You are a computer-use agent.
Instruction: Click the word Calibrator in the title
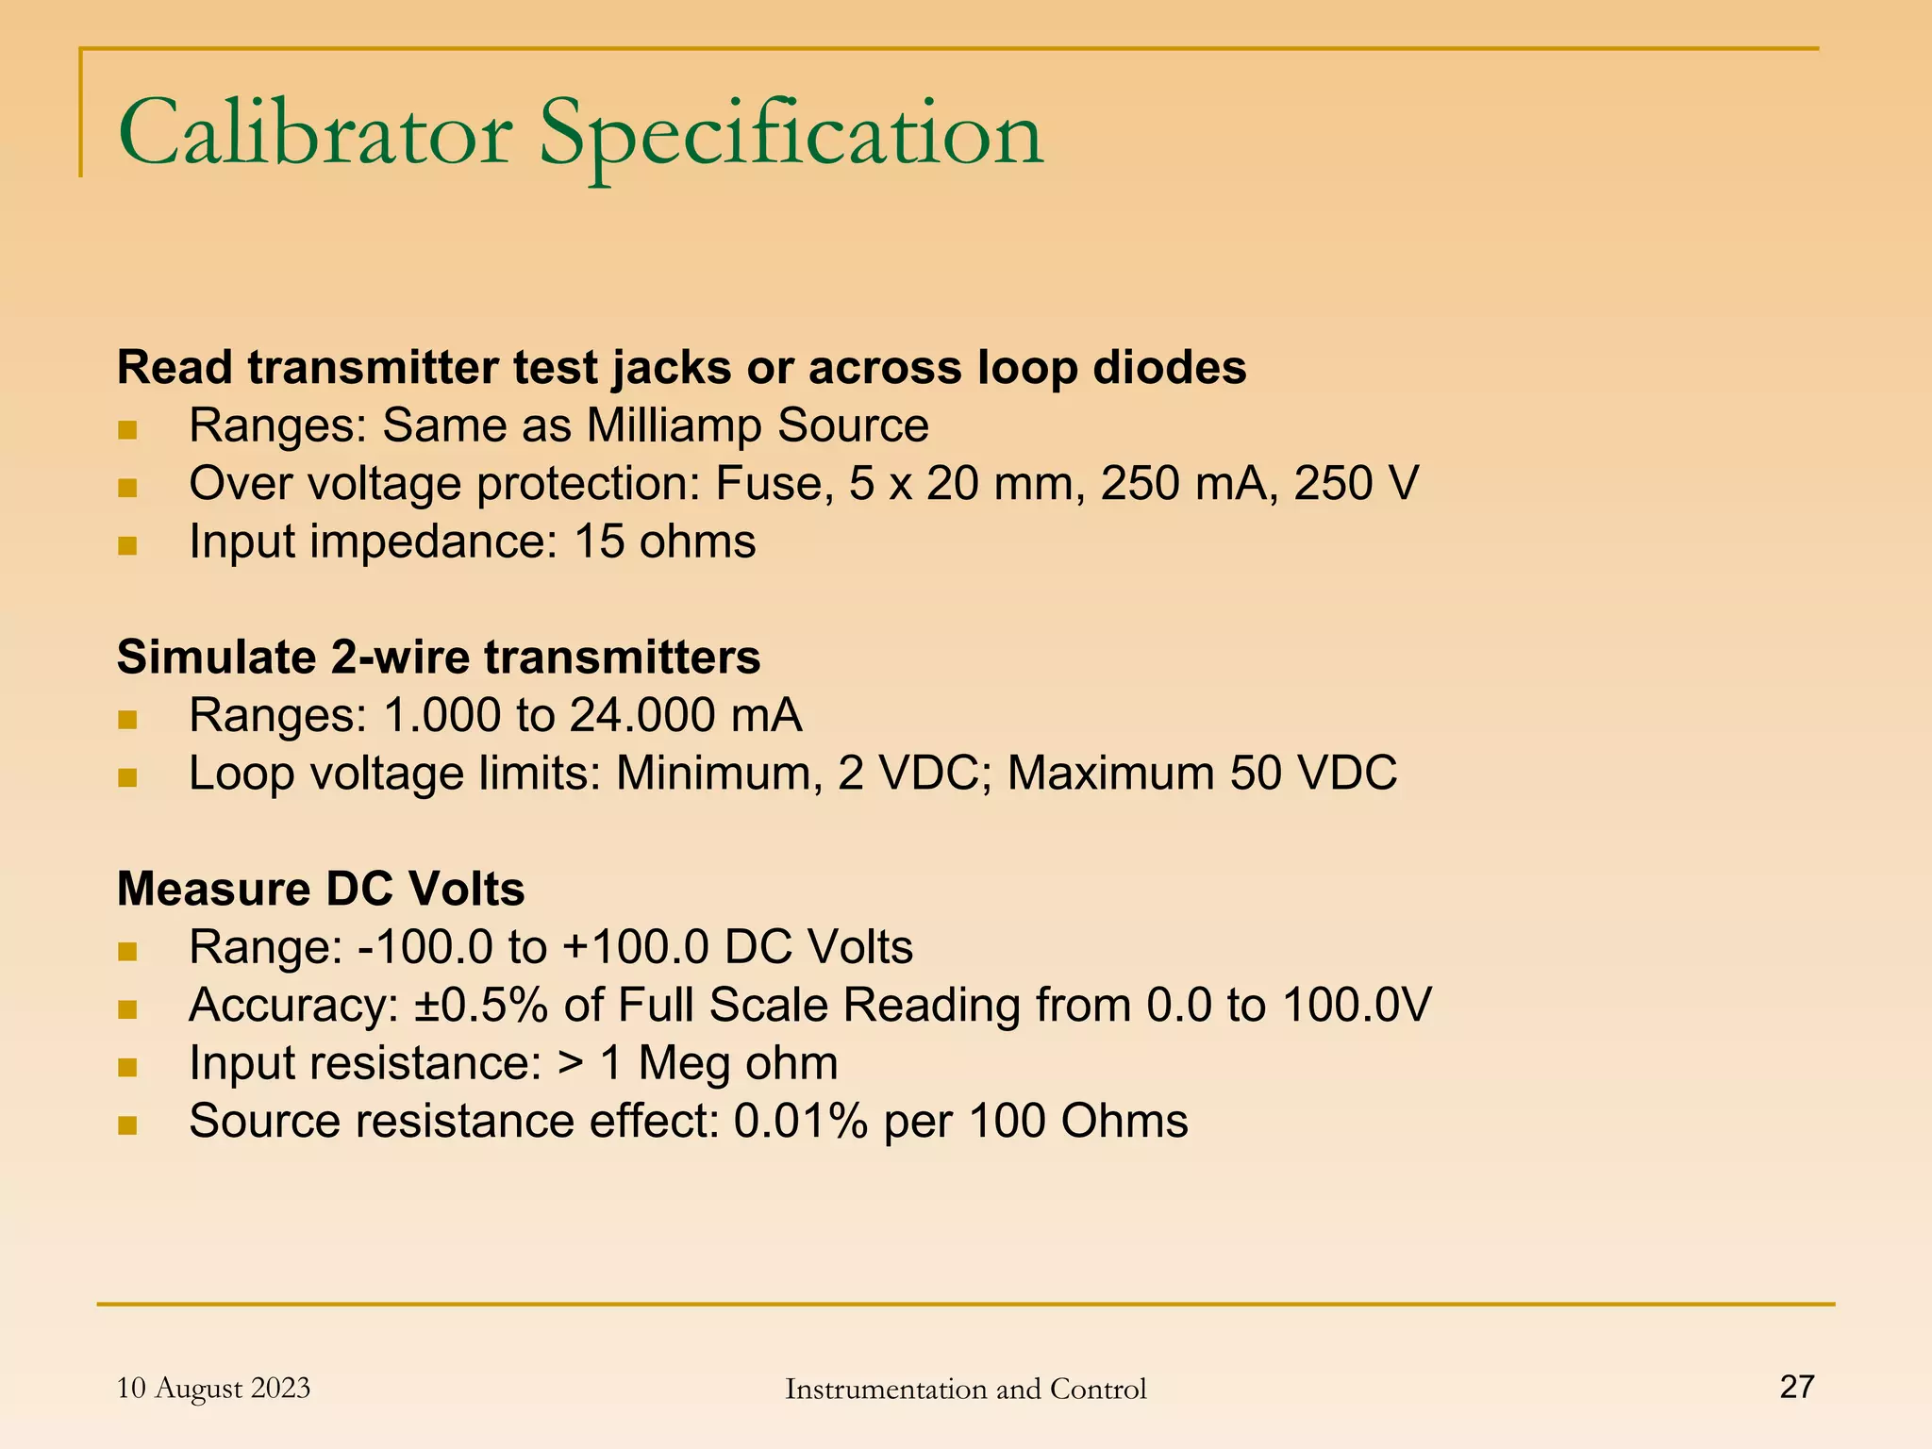315,135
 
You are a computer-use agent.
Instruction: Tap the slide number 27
1796,1386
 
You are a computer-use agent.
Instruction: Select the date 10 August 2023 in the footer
213,1388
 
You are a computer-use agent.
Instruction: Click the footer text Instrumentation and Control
965,1389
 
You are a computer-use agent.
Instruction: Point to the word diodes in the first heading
1169,367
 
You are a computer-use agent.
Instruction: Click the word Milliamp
674,425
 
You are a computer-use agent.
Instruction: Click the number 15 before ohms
599,542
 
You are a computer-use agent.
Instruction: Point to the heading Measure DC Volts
321,889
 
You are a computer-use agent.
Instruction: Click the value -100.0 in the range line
425,947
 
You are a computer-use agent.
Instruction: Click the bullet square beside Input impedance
128,545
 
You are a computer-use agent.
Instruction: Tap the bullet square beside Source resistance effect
128,1124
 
